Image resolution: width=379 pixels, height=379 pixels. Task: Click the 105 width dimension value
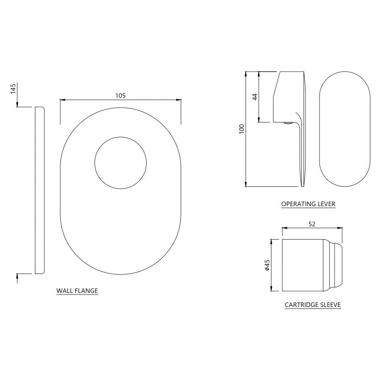120,96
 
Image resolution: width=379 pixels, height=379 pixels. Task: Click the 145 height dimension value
13,89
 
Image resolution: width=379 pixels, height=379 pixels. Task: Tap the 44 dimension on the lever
255,97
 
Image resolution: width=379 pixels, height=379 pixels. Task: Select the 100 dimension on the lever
241,129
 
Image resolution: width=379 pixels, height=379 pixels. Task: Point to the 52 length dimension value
312,224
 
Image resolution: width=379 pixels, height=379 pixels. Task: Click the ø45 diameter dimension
267,265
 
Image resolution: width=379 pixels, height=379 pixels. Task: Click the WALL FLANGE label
77,291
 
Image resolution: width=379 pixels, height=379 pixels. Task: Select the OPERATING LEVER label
308,204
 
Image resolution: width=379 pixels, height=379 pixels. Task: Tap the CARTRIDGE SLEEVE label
313,304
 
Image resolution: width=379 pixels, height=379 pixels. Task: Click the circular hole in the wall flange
120,163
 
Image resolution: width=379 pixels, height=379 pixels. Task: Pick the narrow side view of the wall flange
39,189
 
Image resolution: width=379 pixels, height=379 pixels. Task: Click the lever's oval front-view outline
345,129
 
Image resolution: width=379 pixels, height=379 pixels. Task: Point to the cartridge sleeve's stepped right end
335,265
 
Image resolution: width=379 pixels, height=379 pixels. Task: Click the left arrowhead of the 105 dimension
62,100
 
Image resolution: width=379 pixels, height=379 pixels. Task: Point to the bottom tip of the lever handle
302,186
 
